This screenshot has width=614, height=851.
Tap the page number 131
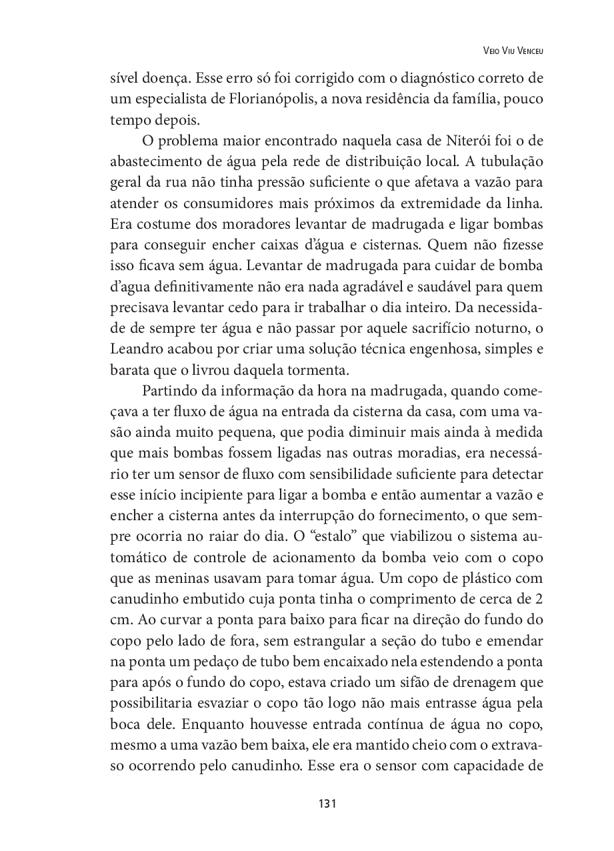tap(327, 803)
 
